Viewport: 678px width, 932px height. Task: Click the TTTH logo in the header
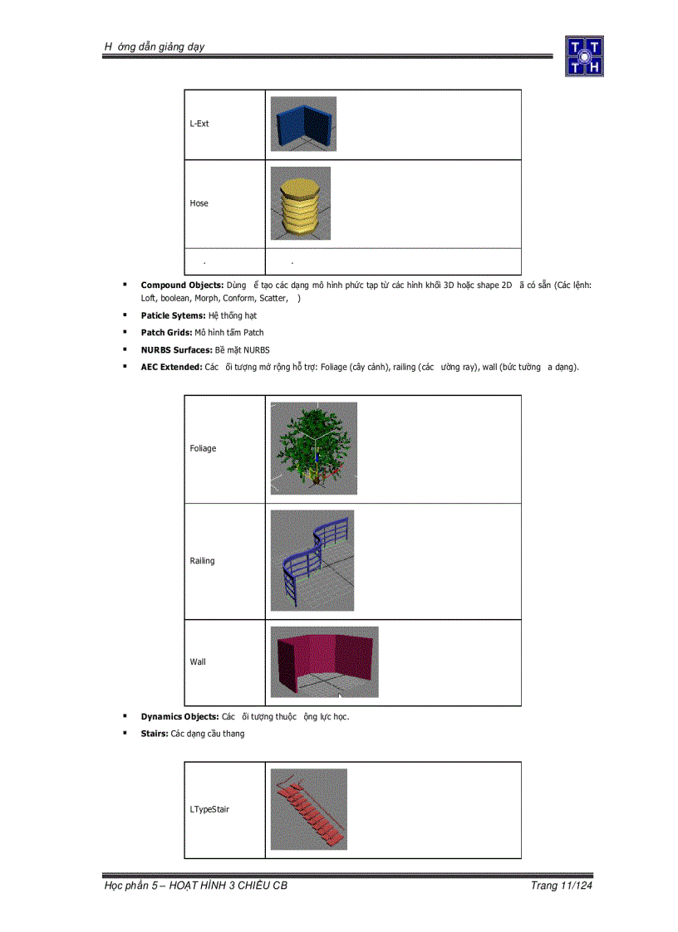(x=584, y=56)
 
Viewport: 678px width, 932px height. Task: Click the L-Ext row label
(x=199, y=124)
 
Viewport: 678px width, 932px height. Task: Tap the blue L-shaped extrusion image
(x=303, y=124)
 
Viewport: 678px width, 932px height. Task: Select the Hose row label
(x=199, y=203)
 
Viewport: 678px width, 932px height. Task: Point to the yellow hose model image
(x=300, y=203)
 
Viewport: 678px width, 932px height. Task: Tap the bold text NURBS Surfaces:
(x=170, y=349)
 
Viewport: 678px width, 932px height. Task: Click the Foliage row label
(x=203, y=448)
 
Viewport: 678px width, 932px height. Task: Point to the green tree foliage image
(x=313, y=448)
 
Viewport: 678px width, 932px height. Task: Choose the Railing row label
(x=202, y=561)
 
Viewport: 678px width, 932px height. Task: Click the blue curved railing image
(x=312, y=560)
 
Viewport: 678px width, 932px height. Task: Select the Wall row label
(x=198, y=662)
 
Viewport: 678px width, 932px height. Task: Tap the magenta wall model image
(x=324, y=661)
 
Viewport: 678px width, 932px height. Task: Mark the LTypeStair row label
(x=209, y=809)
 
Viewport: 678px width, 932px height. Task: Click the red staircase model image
(x=308, y=809)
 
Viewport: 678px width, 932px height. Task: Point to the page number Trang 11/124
(x=562, y=886)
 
